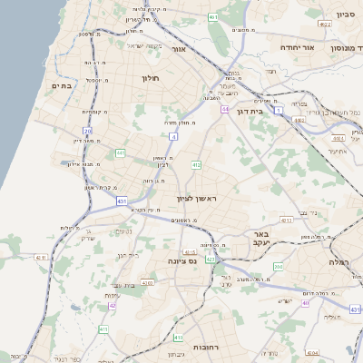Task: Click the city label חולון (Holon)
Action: click(151, 78)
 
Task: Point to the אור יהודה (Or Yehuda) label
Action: click(296, 46)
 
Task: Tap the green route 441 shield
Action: click(121, 153)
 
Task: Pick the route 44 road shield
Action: click(224, 109)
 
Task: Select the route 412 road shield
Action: click(196, 165)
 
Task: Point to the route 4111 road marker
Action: click(40, 258)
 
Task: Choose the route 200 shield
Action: click(279, 267)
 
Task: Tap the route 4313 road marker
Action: click(285, 220)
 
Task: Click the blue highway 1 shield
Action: click(280, 110)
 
